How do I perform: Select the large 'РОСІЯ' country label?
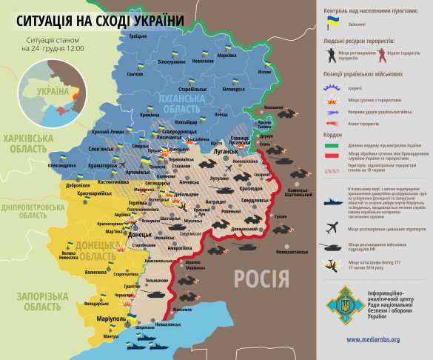click(261, 279)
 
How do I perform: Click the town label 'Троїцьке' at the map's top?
click(138, 36)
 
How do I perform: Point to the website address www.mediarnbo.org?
click(375, 339)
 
